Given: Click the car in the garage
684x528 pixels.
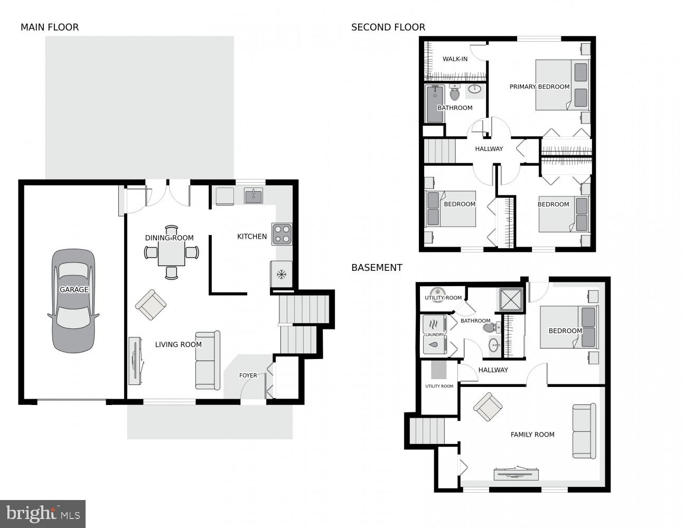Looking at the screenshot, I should (x=73, y=301).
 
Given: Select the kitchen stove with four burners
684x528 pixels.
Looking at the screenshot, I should (x=282, y=234).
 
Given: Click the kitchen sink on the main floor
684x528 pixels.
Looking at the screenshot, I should (x=254, y=196).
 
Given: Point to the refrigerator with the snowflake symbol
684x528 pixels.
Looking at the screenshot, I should (x=282, y=274).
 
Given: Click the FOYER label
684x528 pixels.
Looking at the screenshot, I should (x=248, y=375).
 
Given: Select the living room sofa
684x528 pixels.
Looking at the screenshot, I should (x=208, y=360).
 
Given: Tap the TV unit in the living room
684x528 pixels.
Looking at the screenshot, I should (x=136, y=361).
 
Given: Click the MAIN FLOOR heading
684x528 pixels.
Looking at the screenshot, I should (x=50, y=27).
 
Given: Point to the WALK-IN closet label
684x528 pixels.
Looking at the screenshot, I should (x=455, y=59).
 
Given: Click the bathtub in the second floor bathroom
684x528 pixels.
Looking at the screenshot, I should (x=435, y=103).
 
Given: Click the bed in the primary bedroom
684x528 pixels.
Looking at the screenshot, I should (x=562, y=84).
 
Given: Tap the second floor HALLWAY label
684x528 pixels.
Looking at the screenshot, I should (x=489, y=149).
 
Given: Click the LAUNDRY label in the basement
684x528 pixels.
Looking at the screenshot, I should (x=434, y=334).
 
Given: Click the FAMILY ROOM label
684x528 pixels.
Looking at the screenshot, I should (x=532, y=435).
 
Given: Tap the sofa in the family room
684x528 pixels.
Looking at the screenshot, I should (x=584, y=431).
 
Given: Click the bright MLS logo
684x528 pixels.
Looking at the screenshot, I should (x=43, y=513).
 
